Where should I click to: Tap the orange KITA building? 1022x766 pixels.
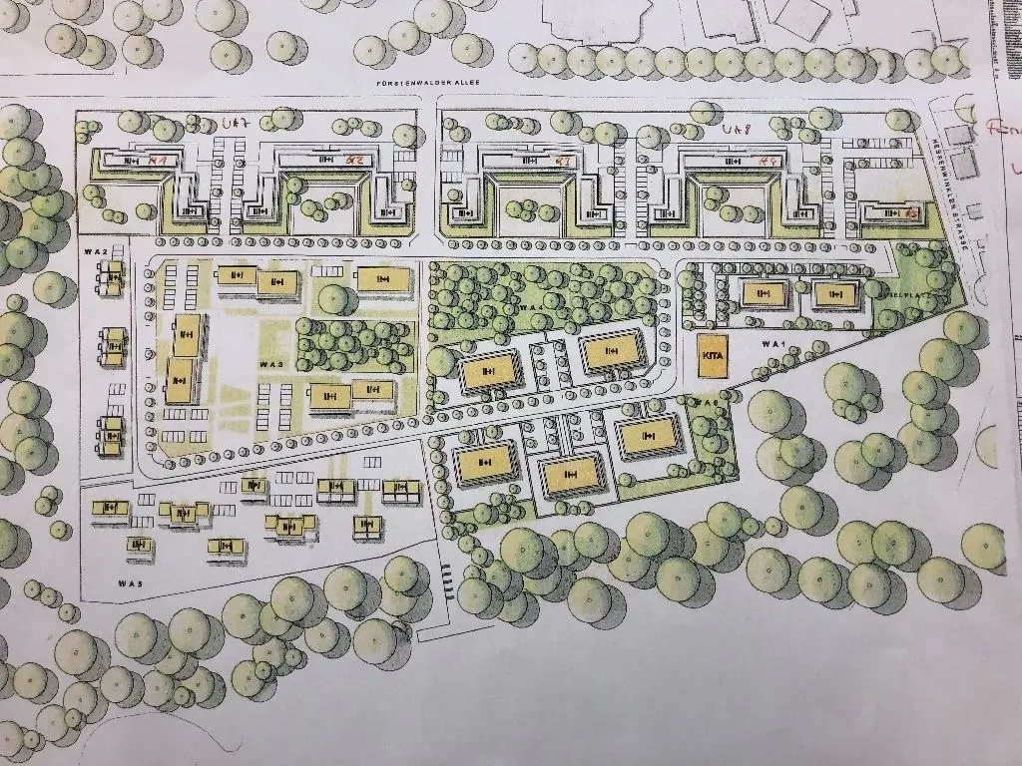coord(713,357)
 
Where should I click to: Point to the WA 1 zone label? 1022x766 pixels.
coord(770,343)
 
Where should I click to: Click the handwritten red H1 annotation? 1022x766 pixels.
coord(156,160)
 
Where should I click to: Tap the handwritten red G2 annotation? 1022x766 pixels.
coord(352,160)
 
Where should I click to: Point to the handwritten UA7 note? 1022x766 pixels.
coord(236,124)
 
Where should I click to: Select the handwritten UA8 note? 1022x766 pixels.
coord(736,130)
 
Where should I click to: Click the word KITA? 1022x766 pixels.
coord(713,356)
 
